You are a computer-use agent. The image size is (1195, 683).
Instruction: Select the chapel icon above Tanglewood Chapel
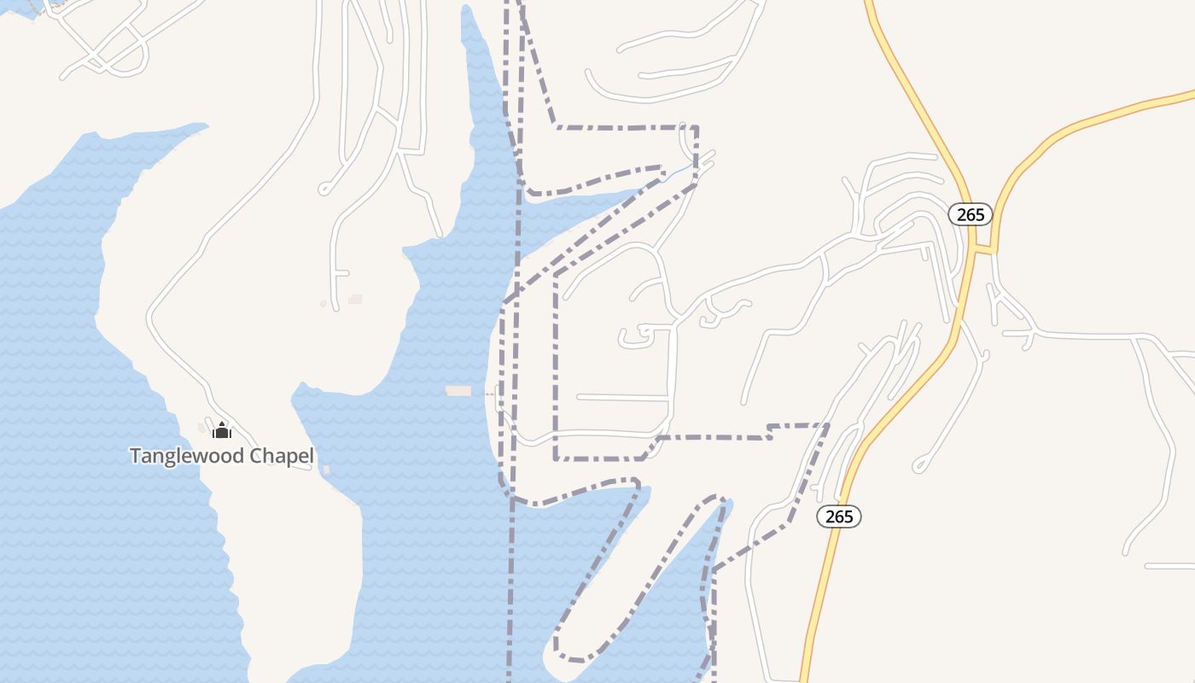coord(222,429)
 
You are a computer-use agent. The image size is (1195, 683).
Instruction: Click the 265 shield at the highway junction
coord(971,214)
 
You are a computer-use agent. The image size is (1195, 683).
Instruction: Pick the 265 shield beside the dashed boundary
coord(839,517)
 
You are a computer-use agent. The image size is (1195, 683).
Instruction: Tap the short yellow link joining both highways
coord(984,250)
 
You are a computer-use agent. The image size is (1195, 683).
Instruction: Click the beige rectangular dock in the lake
coord(458,391)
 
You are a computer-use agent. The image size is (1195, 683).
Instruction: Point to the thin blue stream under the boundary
coord(679,173)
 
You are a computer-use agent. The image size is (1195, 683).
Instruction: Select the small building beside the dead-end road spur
coord(355,299)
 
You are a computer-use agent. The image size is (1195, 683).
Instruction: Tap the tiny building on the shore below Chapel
coord(326,470)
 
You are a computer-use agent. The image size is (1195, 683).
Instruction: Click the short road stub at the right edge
coord(1169,566)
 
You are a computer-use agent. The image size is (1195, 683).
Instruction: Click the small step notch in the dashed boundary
coord(770,431)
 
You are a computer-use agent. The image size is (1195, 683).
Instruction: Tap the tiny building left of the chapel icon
coord(201,427)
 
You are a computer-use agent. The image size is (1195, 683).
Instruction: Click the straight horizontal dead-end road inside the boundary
coord(623,397)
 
